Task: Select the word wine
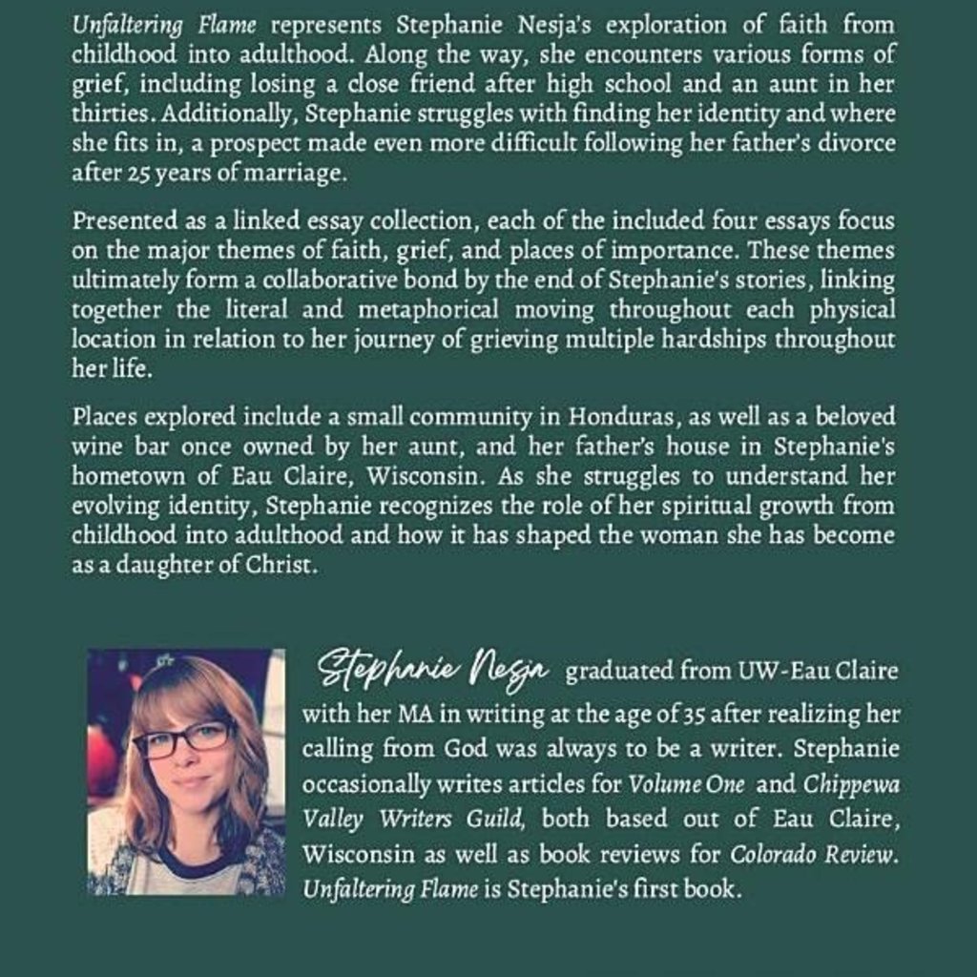pyautogui.click(x=94, y=447)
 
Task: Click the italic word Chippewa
pyautogui.click(x=850, y=784)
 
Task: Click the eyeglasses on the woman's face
pyautogui.click(x=182, y=737)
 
